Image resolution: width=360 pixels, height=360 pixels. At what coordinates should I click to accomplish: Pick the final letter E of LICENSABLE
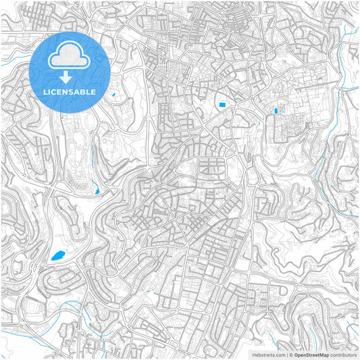coord(93,91)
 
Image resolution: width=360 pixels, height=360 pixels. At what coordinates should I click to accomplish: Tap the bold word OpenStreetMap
coord(311,355)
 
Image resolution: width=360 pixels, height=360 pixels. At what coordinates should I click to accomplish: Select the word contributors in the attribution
coord(343,355)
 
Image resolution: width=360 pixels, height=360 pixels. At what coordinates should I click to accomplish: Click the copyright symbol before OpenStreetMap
coord(289,355)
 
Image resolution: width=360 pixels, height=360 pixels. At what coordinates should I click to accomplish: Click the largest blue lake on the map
coord(58,255)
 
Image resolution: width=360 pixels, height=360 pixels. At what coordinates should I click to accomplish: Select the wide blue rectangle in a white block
coord(222,104)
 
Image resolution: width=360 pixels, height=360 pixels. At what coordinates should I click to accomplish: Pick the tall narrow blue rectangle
coord(276,110)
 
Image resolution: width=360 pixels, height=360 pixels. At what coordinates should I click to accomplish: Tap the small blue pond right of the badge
coord(113,94)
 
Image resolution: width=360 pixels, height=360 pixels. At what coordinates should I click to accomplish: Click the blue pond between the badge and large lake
coord(98,192)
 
